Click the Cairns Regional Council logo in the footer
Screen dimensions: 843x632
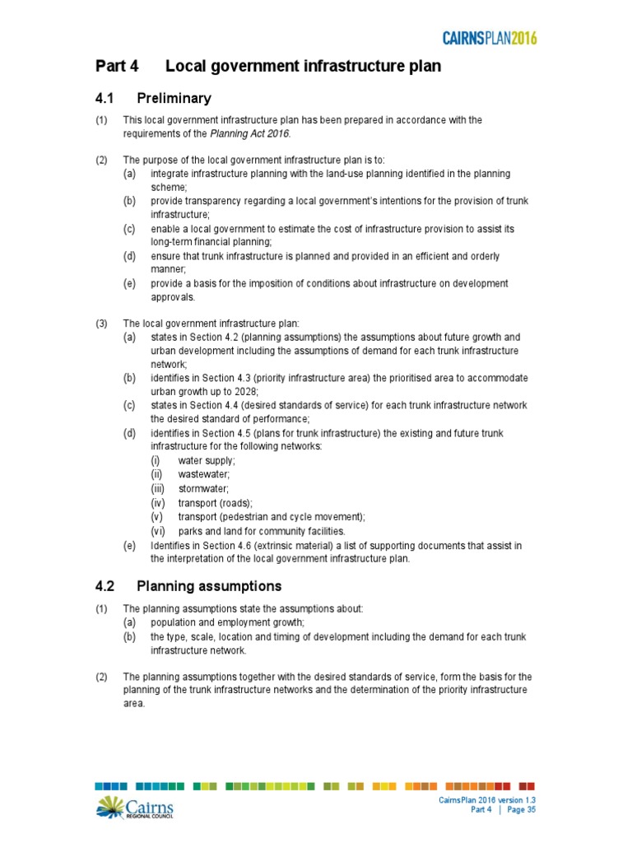[x=134, y=808]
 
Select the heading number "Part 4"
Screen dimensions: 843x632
[x=122, y=67]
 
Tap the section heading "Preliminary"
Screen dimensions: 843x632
[x=174, y=99]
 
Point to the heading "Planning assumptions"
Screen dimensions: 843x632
[x=209, y=587]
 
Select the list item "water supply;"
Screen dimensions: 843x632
[x=207, y=460]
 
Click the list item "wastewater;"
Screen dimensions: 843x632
[x=203, y=474]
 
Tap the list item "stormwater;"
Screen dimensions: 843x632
[x=203, y=488]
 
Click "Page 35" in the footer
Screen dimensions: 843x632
[x=521, y=810]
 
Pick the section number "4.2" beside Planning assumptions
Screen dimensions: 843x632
[x=105, y=587]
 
